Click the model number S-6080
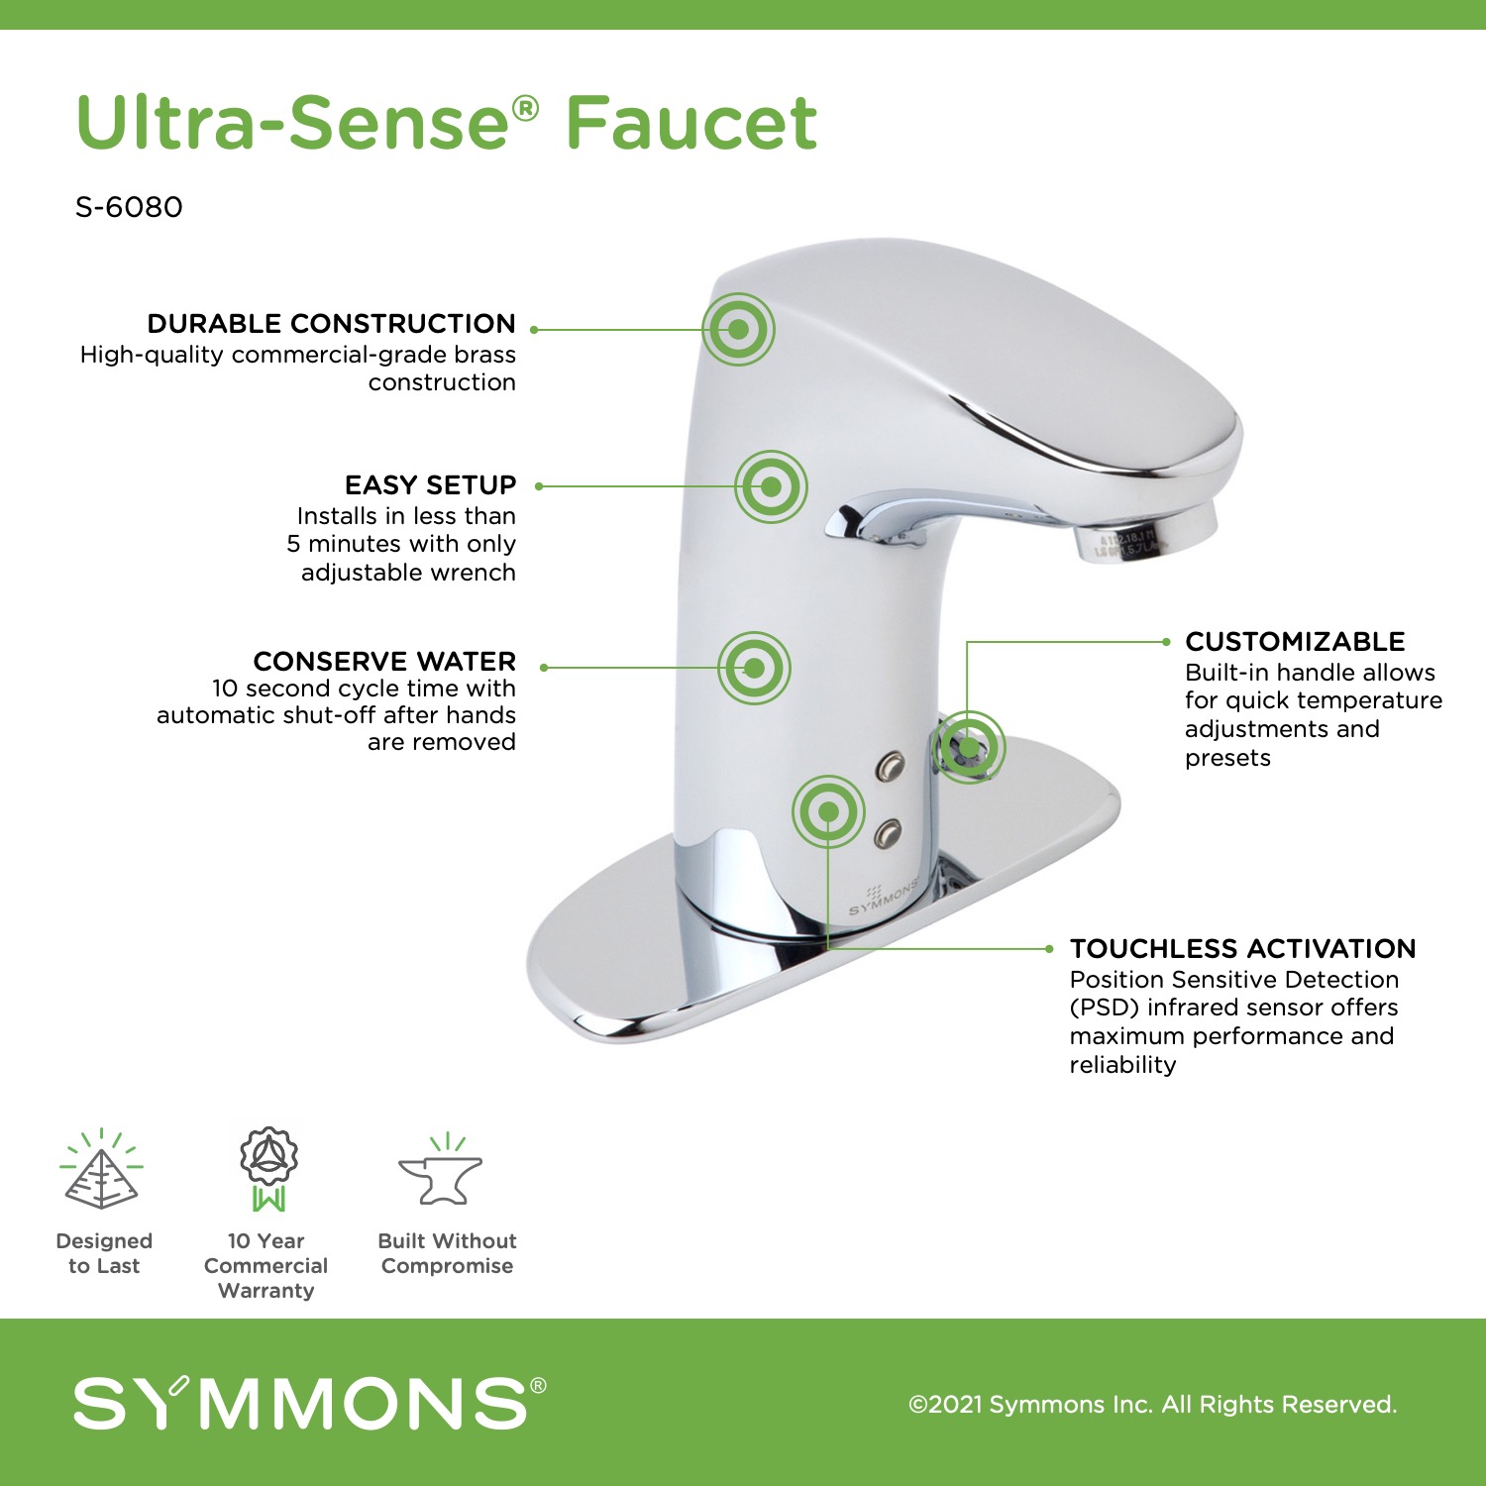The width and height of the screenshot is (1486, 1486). coord(129,207)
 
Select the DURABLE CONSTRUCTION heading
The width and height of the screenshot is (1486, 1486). coord(332,324)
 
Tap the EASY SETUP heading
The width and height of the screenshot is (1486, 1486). coord(431,485)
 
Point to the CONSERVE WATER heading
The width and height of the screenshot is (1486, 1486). coord(384,661)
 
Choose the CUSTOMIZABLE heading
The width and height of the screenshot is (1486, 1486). coord(1295,642)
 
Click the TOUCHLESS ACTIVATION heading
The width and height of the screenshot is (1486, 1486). coord(1243,949)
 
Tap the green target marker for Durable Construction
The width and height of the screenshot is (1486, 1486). coord(738,329)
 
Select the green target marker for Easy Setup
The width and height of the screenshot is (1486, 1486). coord(772,486)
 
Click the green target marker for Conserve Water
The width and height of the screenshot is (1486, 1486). coord(754,668)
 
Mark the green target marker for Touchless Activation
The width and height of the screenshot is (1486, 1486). coord(828,812)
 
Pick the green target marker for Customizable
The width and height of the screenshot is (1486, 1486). coord(968,747)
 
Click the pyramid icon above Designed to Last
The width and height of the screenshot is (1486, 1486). coord(101,1170)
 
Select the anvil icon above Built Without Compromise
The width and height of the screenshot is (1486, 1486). coord(442,1171)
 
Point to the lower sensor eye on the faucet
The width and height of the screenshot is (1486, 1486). coord(888,834)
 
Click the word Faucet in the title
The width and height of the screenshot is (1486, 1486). coord(691,123)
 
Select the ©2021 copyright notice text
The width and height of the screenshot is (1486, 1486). coord(1153,1404)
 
